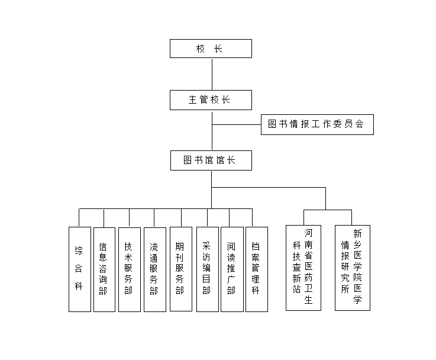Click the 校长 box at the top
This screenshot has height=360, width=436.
tap(211, 49)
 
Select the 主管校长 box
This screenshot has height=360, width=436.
tap(211, 100)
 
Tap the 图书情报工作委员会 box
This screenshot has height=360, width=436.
tap(317, 125)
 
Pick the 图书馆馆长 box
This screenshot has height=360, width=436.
tap(211, 160)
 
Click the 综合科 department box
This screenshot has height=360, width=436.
tap(79, 269)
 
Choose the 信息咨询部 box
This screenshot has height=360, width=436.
tap(104, 269)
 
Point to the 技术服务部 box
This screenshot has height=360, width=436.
tap(129, 269)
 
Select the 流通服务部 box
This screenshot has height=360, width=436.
tap(154, 269)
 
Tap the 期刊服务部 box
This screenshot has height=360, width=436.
tap(180, 269)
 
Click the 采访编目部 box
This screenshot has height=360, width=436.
tap(207, 269)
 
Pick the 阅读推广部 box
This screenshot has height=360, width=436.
tap(232, 269)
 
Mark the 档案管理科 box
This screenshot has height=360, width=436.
tap(256, 269)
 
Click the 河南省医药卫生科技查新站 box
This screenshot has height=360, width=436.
tap(303, 268)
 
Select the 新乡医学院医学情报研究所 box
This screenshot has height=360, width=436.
tap(352, 268)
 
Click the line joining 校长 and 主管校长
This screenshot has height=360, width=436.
tap(212, 74)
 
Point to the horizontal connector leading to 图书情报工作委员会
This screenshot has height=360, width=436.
tap(237, 125)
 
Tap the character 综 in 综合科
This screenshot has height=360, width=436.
tap(79, 250)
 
